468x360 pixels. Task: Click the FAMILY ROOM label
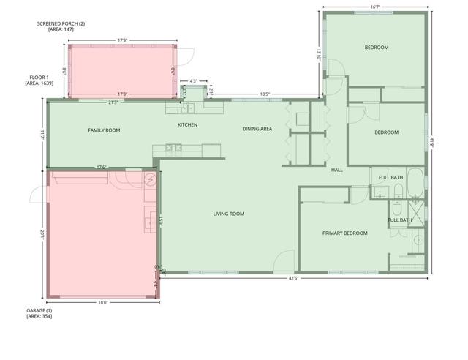[104, 130]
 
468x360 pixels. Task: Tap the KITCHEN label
[187, 124]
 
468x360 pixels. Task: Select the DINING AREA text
[257, 129]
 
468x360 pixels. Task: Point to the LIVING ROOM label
[228, 214]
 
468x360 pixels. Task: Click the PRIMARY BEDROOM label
[344, 233]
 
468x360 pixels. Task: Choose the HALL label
[337, 170]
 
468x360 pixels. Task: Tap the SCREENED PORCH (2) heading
[61, 23]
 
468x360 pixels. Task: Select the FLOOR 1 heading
[39, 77]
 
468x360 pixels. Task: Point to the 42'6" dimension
[293, 278]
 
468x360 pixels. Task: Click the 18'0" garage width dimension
[103, 301]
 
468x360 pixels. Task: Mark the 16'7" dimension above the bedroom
[374, 7]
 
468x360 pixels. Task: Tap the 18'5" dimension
[265, 94]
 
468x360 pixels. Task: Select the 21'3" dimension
[113, 102]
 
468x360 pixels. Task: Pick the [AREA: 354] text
[39, 316]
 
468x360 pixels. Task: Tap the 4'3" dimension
[194, 80]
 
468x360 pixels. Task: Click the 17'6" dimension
[102, 168]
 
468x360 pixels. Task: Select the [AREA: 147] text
[61, 30]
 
